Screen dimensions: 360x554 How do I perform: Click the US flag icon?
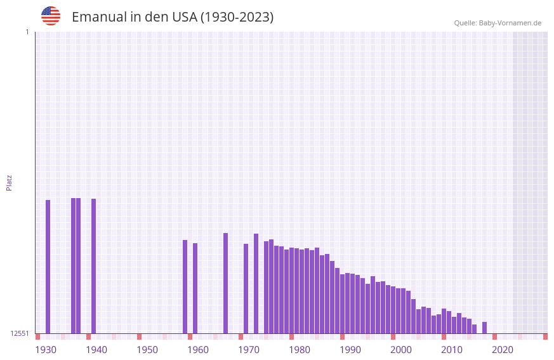click(x=51, y=16)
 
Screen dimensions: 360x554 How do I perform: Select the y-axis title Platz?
click(x=9, y=182)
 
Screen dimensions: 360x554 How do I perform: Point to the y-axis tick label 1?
click(x=27, y=32)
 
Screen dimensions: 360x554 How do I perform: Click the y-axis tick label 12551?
click(x=20, y=333)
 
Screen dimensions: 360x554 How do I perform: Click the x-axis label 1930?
click(x=46, y=350)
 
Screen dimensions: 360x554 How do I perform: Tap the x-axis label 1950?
click(x=147, y=350)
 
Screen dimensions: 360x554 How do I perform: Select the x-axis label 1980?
click(x=300, y=350)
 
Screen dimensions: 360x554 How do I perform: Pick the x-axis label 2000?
click(x=401, y=350)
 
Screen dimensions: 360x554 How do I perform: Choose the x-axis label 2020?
click(x=503, y=350)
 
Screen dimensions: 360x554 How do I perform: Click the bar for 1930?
click(x=48, y=267)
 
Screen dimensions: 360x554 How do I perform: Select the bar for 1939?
click(x=93, y=266)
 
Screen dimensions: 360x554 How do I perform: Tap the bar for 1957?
click(x=185, y=286)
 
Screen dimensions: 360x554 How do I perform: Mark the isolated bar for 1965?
click(x=225, y=283)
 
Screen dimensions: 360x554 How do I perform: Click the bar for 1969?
click(x=246, y=288)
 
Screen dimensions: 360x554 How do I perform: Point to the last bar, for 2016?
click(x=484, y=328)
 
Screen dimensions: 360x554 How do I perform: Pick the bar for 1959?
click(x=195, y=288)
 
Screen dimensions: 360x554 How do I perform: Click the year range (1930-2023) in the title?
click(x=237, y=17)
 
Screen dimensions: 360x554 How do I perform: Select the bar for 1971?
click(x=256, y=283)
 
